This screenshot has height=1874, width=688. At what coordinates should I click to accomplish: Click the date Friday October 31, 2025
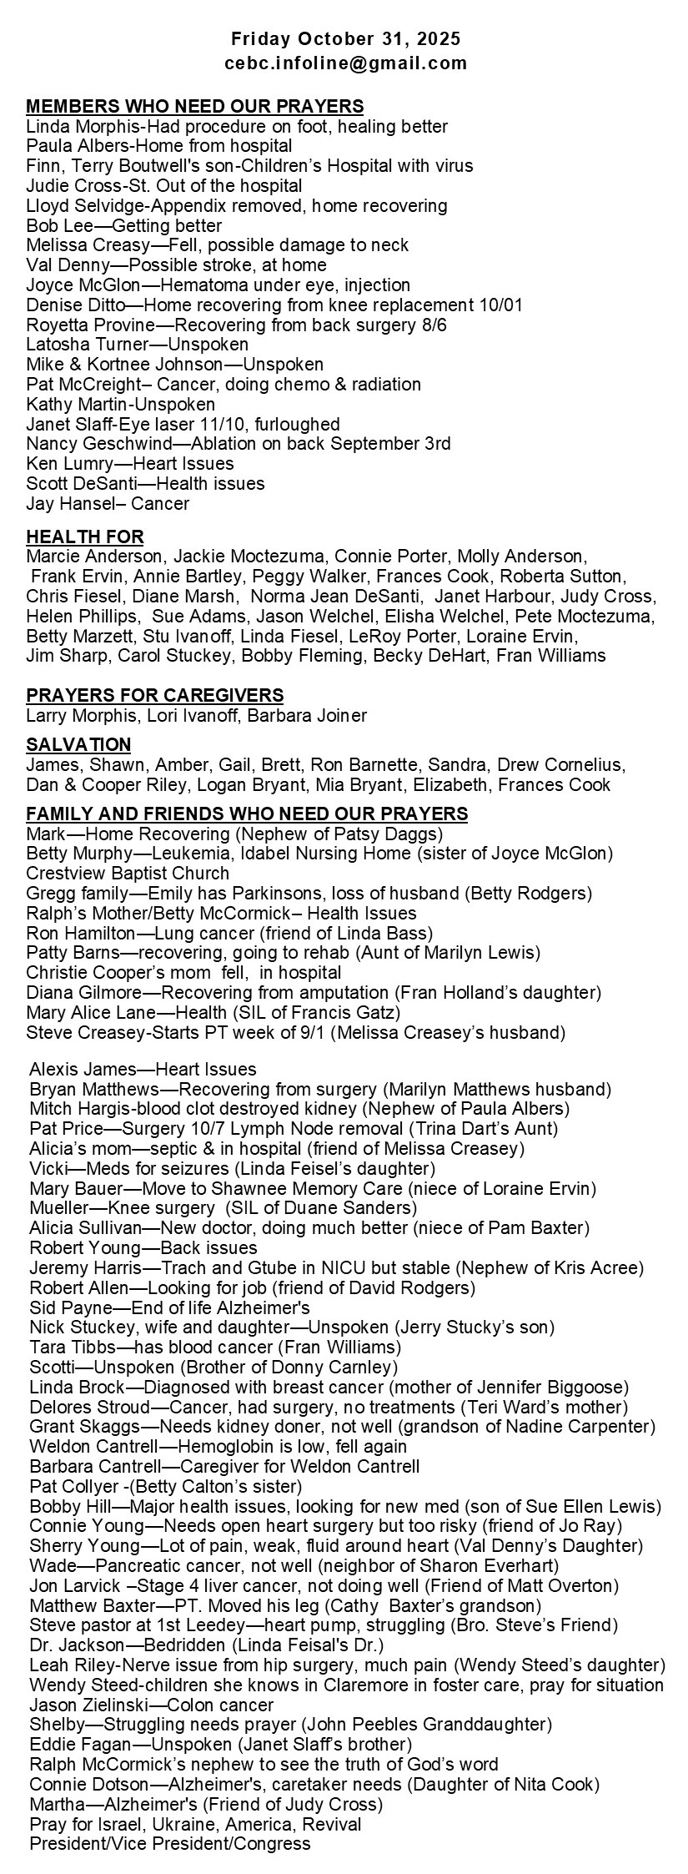345,39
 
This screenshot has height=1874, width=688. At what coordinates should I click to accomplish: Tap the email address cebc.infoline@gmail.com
345,63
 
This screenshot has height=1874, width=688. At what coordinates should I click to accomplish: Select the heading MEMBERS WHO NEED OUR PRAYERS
195,106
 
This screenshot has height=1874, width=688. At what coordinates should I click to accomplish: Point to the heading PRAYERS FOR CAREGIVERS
155,695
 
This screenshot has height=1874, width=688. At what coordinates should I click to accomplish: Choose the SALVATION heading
78,744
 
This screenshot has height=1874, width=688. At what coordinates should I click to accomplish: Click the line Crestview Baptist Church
128,874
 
